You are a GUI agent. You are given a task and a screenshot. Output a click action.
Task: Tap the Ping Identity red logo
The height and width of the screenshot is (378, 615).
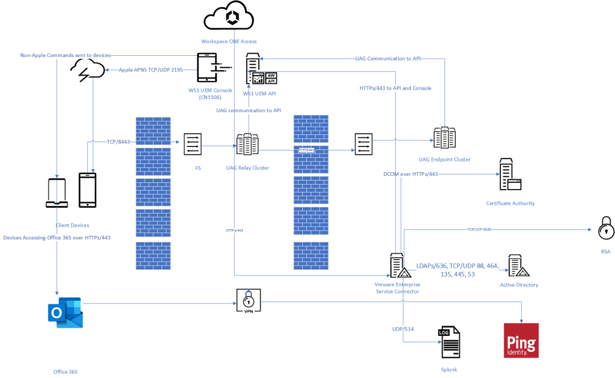pos(521,340)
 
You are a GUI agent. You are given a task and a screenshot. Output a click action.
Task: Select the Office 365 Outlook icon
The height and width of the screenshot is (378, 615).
pos(65,313)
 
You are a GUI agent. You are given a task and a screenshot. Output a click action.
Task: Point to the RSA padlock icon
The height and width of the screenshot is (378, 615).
pos(605,229)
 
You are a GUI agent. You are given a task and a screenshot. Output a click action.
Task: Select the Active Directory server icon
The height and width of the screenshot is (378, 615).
pos(517,266)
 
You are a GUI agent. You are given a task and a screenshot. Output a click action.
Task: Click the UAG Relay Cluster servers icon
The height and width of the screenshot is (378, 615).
pos(247,145)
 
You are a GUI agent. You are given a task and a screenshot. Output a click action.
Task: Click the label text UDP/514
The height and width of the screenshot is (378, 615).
pos(402,329)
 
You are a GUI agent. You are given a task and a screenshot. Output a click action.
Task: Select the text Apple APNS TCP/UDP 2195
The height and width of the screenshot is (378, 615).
pos(151,70)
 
